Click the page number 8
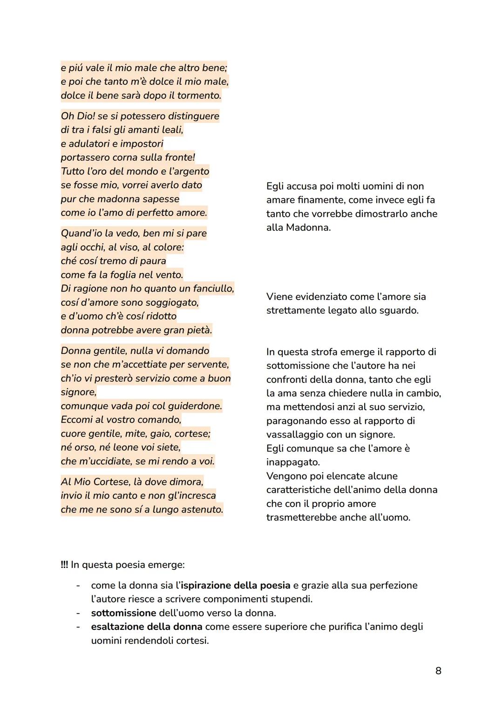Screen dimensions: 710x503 438,670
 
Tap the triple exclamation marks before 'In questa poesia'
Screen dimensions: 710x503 64,565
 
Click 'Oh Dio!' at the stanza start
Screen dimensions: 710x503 77,116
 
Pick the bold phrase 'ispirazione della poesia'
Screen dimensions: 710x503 235,585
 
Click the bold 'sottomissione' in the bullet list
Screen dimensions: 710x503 123,613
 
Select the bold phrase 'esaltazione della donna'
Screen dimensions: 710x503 147,627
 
